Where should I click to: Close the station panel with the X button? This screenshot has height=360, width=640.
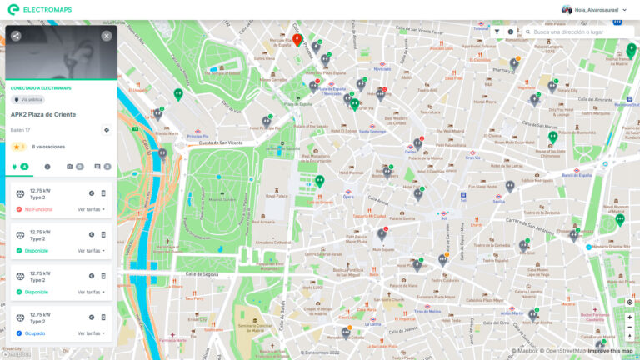pyautogui.click(x=107, y=36)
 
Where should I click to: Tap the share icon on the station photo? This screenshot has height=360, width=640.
pyautogui.click(x=16, y=36)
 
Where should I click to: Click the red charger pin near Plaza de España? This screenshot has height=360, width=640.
pyautogui.click(x=297, y=39)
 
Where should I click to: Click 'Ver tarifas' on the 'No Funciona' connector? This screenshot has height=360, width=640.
pyautogui.click(x=91, y=209)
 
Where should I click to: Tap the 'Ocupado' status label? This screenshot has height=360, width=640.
pyautogui.click(x=34, y=333)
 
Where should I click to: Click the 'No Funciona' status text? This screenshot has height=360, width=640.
pyautogui.click(x=38, y=209)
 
